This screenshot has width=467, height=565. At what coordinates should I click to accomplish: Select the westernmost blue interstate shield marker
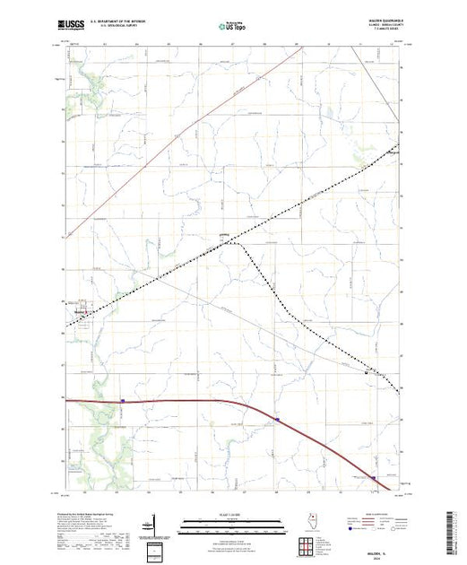point(122,401)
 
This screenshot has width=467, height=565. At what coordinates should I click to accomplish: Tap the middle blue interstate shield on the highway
point(278,418)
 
